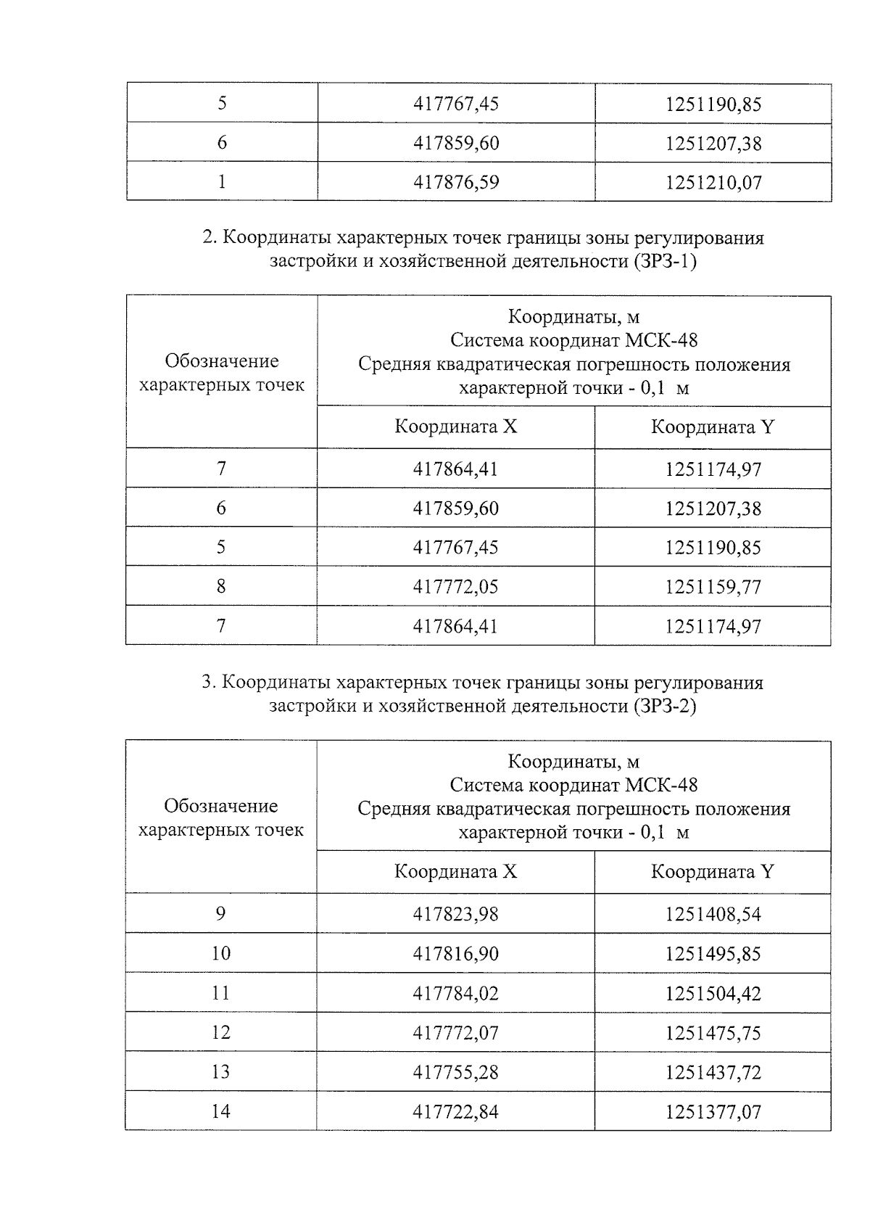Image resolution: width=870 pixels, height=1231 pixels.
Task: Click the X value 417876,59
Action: coord(455,182)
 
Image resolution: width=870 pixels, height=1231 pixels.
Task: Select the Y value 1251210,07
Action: coord(713,182)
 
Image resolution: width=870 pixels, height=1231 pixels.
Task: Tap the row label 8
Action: coord(221,586)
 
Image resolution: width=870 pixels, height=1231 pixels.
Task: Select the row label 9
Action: coord(220,913)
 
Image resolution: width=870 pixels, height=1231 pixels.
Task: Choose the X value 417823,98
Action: coord(455,914)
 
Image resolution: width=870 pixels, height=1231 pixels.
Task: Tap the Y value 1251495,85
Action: coord(713,953)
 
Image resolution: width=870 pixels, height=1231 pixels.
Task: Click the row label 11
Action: coord(220,992)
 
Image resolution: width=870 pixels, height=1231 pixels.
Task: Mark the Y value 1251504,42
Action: coord(713,993)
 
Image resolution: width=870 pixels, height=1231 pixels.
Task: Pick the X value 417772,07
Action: coord(455,1032)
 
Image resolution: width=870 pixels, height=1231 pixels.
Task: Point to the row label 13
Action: coord(220,1071)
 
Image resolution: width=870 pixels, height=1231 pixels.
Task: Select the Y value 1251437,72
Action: coord(713,1072)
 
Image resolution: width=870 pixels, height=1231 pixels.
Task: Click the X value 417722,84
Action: coord(455,1111)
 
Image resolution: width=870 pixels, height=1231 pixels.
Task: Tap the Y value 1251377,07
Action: coord(713,1111)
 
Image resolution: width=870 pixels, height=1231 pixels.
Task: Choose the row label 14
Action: coord(220,1111)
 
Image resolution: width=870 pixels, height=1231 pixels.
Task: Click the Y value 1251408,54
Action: coord(713,914)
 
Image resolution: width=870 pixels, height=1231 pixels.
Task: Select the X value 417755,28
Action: coord(455,1072)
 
